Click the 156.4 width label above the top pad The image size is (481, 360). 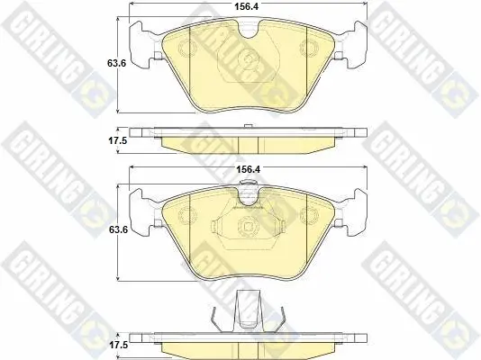tap(247, 6)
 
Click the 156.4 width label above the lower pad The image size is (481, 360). tap(248, 169)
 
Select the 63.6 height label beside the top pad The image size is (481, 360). tap(116, 63)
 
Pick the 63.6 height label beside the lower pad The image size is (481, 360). tap(119, 229)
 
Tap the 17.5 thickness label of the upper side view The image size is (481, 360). tap(117, 141)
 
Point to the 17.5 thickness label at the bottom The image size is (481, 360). tap(119, 346)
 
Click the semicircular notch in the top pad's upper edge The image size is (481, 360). tap(249, 30)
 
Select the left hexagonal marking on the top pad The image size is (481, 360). tap(186, 49)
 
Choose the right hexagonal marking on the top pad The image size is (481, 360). tap(309, 48)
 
